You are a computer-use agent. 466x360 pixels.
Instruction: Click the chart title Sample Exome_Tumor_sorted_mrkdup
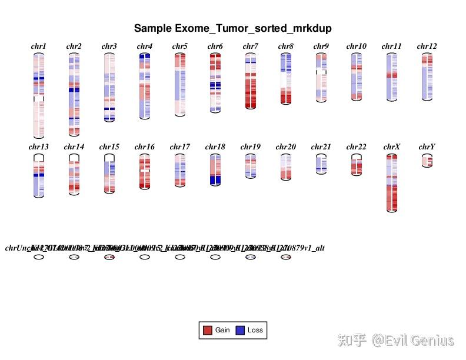(x=232, y=28)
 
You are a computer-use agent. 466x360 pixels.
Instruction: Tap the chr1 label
(x=39, y=46)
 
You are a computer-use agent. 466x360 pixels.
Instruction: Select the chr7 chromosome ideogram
(x=251, y=81)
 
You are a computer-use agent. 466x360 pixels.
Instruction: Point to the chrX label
(x=392, y=147)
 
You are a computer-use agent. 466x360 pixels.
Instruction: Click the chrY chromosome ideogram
(x=427, y=161)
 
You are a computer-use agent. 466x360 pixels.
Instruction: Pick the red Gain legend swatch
(x=207, y=331)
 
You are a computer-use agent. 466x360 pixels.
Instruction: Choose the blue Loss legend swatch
(x=240, y=331)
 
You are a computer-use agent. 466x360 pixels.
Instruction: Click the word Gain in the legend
(x=222, y=331)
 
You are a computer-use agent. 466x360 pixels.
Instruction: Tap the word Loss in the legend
(x=255, y=331)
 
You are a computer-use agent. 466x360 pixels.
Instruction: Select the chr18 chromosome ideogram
(x=215, y=169)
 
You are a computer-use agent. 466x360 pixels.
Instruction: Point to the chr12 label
(x=427, y=46)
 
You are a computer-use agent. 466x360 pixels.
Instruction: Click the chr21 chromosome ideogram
(x=321, y=164)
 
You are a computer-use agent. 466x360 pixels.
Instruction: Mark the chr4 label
(x=145, y=46)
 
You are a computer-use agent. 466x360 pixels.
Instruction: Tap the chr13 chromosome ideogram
(x=39, y=175)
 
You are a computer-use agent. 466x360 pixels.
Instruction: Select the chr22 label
(x=357, y=147)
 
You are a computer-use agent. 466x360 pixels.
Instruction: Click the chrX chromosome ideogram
(x=392, y=182)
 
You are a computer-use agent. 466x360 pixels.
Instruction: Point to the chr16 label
(x=145, y=147)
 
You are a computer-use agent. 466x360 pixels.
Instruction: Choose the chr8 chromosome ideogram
(x=286, y=78)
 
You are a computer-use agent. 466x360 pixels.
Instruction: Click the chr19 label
(x=251, y=147)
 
